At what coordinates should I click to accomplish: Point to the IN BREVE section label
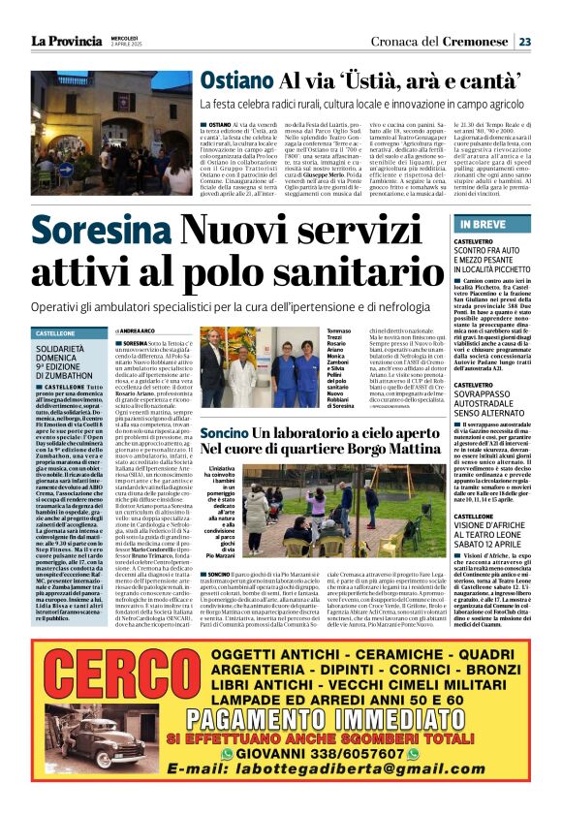point(483,224)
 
